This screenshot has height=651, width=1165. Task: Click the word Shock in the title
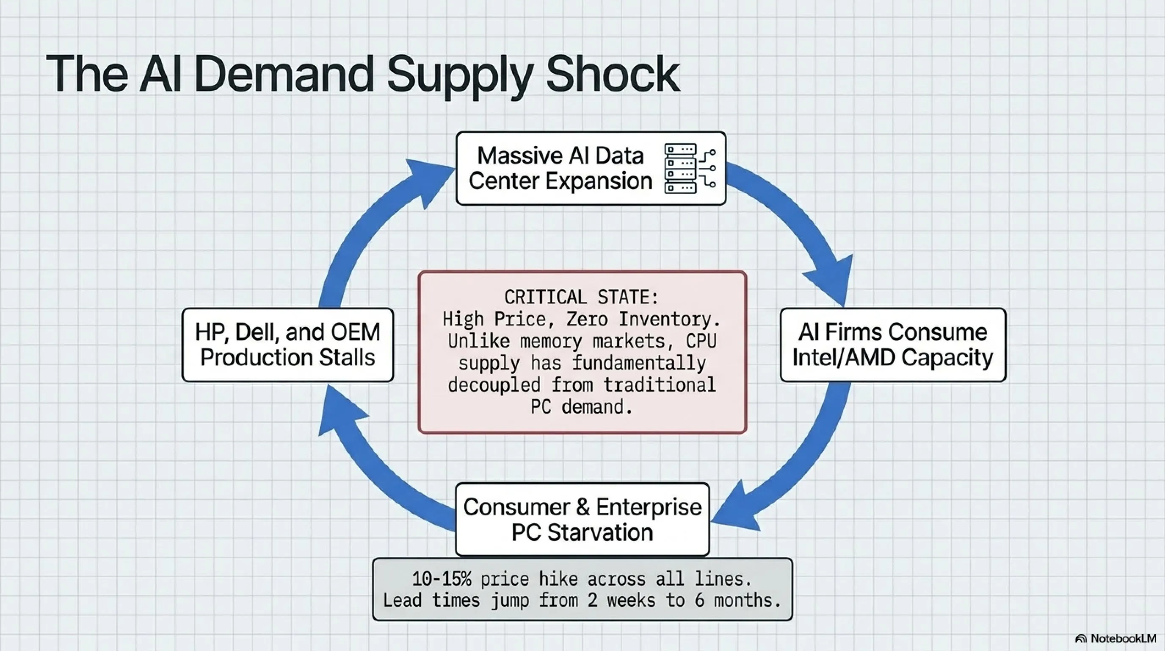point(613,74)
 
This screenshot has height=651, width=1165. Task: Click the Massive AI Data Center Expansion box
point(561,168)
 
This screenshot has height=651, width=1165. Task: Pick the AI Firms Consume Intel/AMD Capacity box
point(893,345)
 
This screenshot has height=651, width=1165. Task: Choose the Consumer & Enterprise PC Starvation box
point(582,519)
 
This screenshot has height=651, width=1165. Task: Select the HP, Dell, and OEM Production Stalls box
point(287,345)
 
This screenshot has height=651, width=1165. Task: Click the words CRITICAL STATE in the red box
point(582,298)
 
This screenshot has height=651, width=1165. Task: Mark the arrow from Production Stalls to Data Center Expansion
point(362,226)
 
